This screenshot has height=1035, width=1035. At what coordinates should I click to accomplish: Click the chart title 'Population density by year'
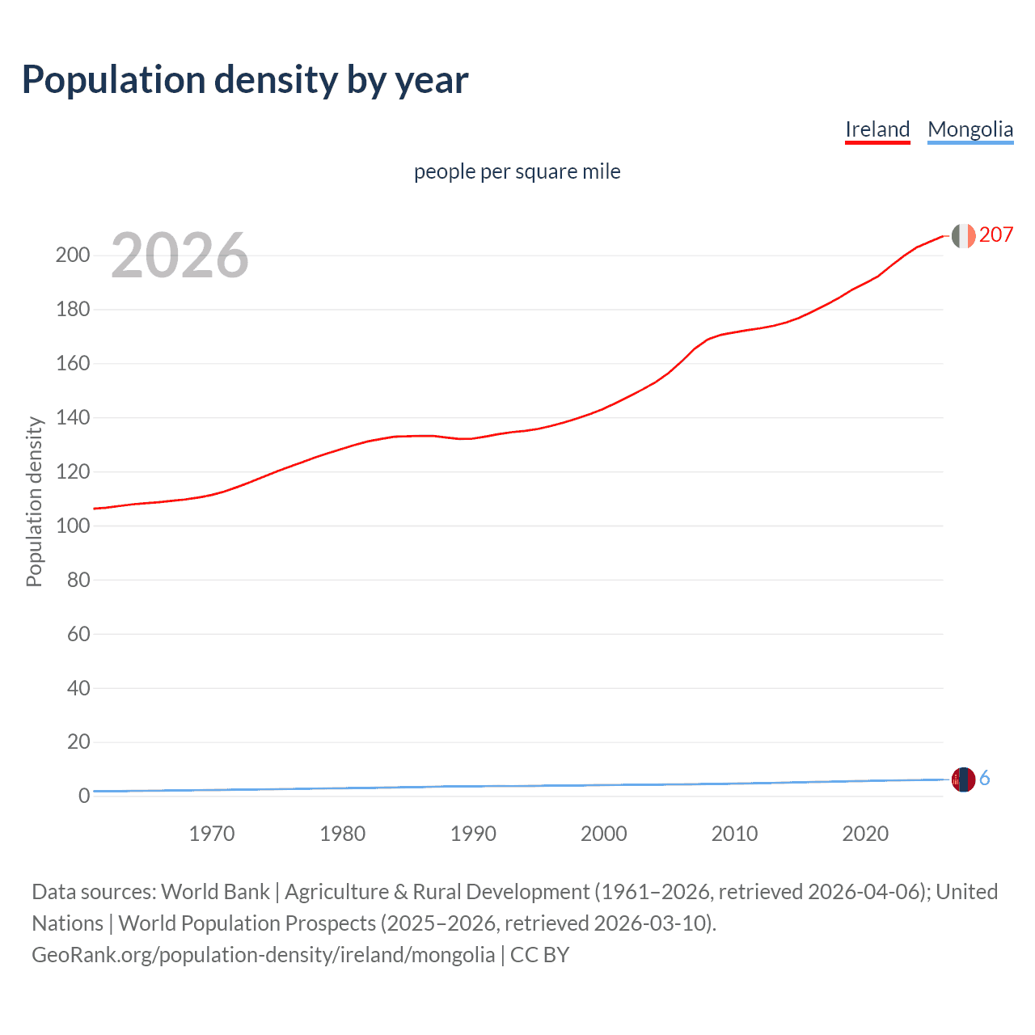[x=245, y=80]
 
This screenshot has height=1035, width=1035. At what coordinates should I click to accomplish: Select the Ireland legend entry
[x=877, y=129]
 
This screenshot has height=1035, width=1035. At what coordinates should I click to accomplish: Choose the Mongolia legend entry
[x=970, y=129]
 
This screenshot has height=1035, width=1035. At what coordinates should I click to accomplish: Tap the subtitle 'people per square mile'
[x=517, y=171]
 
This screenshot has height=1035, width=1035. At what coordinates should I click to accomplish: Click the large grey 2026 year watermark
[x=180, y=256]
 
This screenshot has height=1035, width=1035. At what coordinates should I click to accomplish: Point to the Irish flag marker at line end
[x=963, y=235]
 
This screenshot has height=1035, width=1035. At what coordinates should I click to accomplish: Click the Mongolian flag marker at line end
[x=963, y=779]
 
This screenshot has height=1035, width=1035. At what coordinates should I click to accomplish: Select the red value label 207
[x=995, y=234]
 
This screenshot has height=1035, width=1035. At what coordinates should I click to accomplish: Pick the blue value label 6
[x=984, y=779]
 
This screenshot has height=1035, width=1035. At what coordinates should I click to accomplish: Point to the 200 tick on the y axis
[x=72, y=256]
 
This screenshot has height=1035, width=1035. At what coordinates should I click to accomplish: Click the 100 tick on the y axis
[x=72, y=526]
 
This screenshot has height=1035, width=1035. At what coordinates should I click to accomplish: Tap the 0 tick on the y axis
[x=83, y=796]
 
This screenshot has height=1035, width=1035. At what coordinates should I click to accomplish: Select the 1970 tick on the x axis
[x=212, y=834]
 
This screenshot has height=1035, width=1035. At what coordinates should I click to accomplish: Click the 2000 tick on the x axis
[x=604, y=834]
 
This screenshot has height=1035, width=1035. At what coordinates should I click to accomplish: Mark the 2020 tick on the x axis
[x=865, y=834]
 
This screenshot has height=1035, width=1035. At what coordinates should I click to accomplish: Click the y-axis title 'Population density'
[x=34, y=501]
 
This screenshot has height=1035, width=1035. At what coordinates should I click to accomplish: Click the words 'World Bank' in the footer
[x=215, y=892]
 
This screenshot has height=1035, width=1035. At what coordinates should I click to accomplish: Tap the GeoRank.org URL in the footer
[x=263, y=955]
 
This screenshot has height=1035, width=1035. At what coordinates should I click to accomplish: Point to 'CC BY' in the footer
[x=539, y=955]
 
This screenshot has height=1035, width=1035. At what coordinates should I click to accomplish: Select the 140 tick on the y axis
[x=72, y=418]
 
